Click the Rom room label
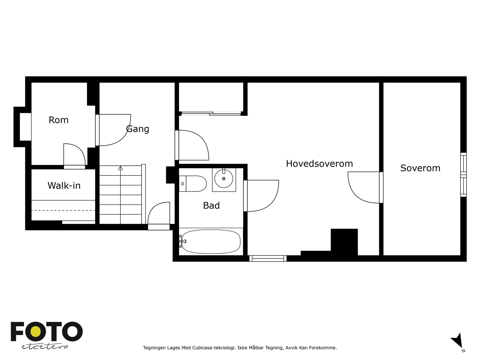tap(58, 120)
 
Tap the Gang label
tap(138, 129)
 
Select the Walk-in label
tap(64, 186)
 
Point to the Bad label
tap(211, 205)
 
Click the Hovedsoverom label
tap(319, 163)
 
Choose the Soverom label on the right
tap(420, 168)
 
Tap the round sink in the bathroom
tap(223, 178)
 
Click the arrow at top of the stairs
tap(121, 168)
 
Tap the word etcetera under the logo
tap(45, 346)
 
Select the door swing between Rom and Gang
tap(114, 130)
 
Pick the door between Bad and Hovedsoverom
tap(261, 196)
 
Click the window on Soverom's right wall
tap(463, 175)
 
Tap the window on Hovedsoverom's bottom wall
tap(268, 258)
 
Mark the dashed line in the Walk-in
tap(63, 211)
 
